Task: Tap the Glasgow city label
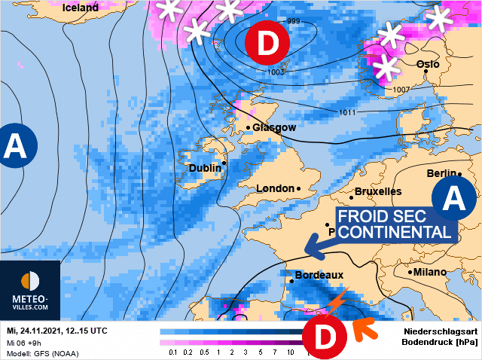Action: pyautogui.click(x=274, y=127)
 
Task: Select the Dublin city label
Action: pyautogui.click(x=205, y=168)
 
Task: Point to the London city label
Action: pyautogui.click(x=275, y=188)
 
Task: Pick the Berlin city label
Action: pyautogui.click(x=441, y=173)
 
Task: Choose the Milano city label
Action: pyautogui.click(x=430, y=272)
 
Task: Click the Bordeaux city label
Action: pyautogui.click(x=319, y=276)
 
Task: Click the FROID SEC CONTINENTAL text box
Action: pyautogui.click(x=394, y=224)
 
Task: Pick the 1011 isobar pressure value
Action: pyautogui.click(x=347, y=113)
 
